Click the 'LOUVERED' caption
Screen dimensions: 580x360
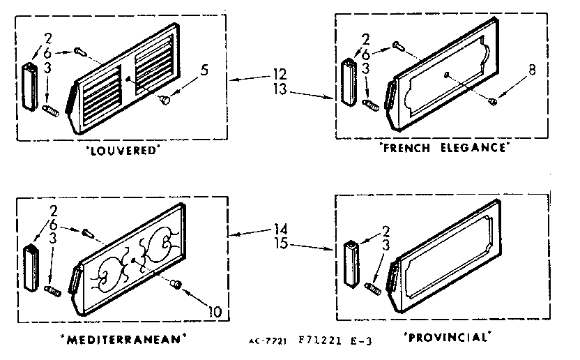[x=123, y=151]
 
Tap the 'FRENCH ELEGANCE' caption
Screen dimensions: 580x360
[x=444, y=148]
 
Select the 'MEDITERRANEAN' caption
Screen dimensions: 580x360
[x=123, y=339]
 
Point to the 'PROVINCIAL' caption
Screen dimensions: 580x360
[x=448, y=337]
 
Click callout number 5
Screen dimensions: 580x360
[x=204, y=70]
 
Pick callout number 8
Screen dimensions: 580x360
[x=532, y=70]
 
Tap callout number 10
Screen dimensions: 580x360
[x=215, y=311]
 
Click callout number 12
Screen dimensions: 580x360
[x=280, y=75]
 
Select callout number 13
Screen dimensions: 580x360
[x=280, y=89]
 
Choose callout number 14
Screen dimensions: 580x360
[x=281, y=229]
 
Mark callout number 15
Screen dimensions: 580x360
[x=281, y=243]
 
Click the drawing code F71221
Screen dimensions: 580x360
[x=320, y=340]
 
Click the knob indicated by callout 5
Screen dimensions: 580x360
[x=165, y=100]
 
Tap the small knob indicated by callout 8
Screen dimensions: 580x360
[x=492, y=100]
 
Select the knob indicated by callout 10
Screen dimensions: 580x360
[x=176, y=285]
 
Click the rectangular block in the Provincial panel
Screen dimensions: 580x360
[x=352, y=264]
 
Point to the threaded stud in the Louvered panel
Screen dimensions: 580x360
[x=51, y=111]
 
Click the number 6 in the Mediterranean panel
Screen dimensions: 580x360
[x=54, y=225]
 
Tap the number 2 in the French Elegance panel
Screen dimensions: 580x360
[x=365, y=39]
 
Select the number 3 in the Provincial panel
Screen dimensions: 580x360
[x=386, y=245]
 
